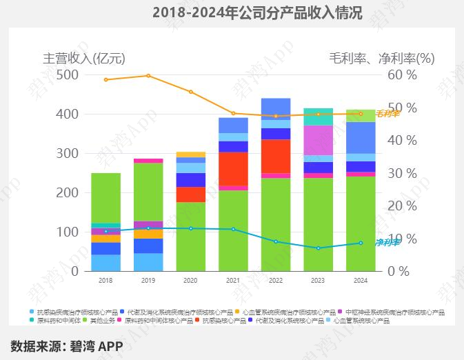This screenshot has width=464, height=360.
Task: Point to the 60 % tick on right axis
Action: click(403, 74)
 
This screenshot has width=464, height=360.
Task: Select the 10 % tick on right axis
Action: click(403, 239)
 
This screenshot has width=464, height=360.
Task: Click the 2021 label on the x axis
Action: click(233, 281)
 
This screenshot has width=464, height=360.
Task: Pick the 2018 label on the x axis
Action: click(105, 281)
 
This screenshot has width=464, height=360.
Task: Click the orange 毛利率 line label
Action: click(387, 114)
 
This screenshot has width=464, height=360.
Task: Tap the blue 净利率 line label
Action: click(387, 243)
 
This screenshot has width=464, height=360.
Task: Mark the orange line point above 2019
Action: click(148, 76)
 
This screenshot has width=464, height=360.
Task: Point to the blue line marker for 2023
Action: click(319, 248)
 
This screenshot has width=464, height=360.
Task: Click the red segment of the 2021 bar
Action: click(233, 168)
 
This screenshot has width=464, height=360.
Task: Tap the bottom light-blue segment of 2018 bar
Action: click(105, 263)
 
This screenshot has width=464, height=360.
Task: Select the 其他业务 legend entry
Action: click(99, 321)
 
